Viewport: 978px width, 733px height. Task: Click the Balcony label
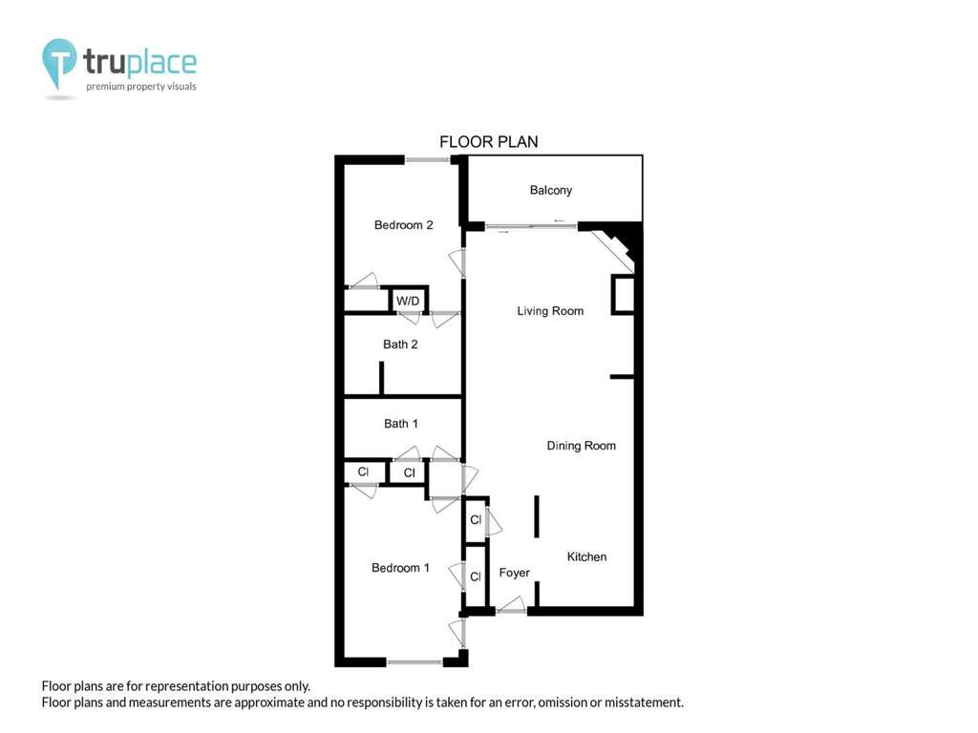[551, 190]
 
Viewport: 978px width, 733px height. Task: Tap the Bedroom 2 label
[404, 225]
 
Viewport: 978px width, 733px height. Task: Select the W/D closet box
[409, 300]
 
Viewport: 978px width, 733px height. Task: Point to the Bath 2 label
[400, 344]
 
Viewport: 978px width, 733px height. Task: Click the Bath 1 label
[401, 424]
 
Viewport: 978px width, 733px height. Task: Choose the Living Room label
[550, 311]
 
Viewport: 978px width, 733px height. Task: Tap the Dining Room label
[582, 446]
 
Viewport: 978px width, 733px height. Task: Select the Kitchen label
[587, 556]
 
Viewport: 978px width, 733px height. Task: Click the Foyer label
[515, 573]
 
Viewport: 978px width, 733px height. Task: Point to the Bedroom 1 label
[400, 568]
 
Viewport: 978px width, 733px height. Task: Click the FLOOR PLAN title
[489, 142]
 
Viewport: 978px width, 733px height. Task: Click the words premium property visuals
[141, 86]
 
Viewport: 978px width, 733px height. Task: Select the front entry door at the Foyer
[511, 606]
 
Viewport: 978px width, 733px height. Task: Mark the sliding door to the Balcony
[531, 226]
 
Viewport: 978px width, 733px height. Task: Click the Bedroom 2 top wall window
[427, 160]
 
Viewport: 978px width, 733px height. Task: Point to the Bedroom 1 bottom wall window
[415, 662]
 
